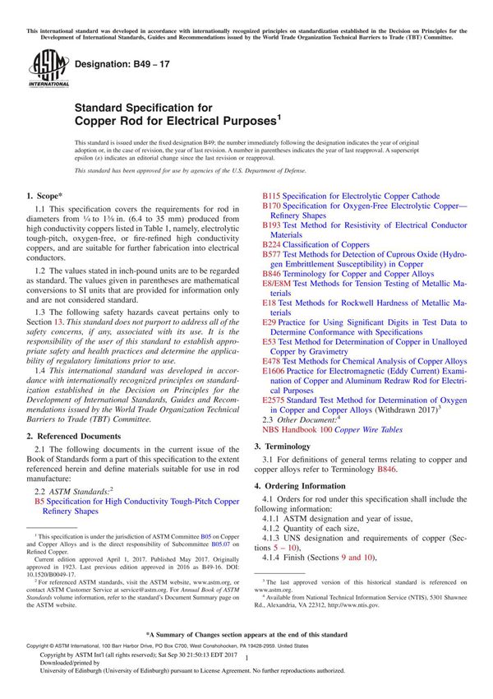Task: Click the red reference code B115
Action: [x=271, y=197]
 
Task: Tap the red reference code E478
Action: [x=273, y=361]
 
